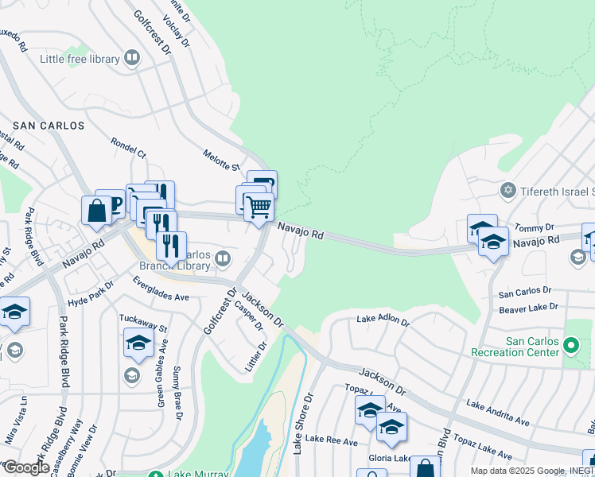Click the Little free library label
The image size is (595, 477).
coord(80,59)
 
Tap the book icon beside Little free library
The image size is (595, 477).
coord(132,58)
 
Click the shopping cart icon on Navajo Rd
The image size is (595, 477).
coord(259,207)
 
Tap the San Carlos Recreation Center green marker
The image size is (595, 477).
coord(570,346)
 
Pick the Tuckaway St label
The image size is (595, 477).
coord(143,323)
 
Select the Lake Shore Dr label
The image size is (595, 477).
coord(302,423)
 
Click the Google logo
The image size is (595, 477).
coord(25,467)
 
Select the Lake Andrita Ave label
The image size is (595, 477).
coord(498,413)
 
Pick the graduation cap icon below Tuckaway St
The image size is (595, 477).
coord(138,344)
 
